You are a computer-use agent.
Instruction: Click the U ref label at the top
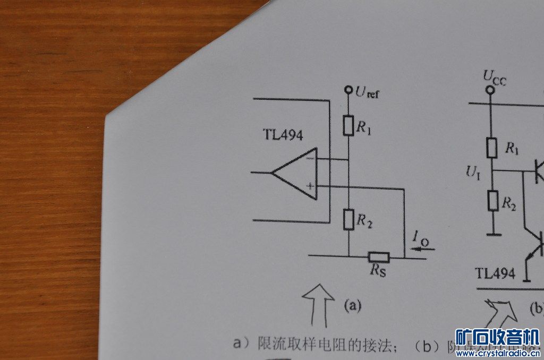click(367, 93)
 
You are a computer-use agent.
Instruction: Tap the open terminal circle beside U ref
click(348, 90)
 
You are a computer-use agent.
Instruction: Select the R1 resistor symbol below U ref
click(348, 125)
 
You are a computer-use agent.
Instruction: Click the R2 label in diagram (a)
click(364, 221)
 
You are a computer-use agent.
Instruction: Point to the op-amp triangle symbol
click(295, 173)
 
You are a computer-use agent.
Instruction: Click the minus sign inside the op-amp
click(310, 158)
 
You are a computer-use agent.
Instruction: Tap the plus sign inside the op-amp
click(310, 186)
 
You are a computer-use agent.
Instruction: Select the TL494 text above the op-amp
click(283, 135)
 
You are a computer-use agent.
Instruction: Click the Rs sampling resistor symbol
click(379, 258)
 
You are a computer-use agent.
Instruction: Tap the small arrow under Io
click(425, 248)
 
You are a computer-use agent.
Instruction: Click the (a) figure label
click(353, 305)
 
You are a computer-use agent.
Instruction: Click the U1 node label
click(473, 172)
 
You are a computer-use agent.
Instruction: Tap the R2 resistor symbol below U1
click(492, 201)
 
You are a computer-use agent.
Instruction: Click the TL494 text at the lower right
click(495, 273)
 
